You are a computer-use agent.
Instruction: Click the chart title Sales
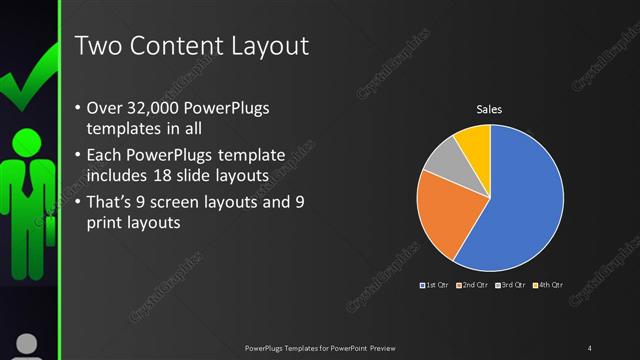pyautogui.click(x=489, y=109)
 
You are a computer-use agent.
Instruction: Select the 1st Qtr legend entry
pyautogui.click(x=434, y=286)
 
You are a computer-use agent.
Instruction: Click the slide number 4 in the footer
pyautogui.click(x=590, y=347)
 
